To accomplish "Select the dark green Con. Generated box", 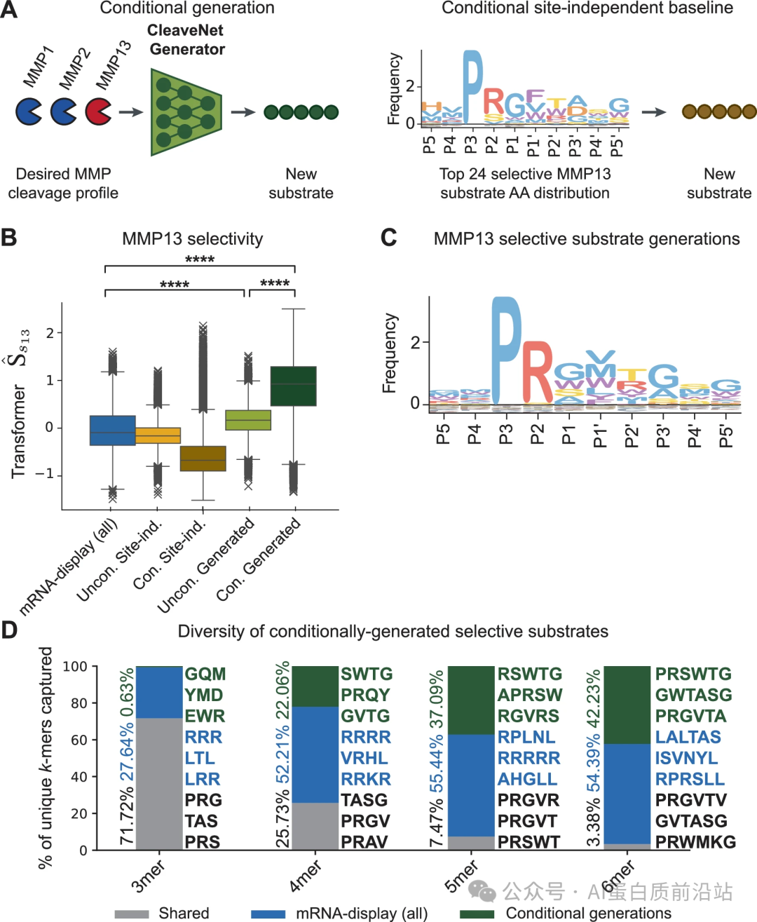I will (293, 386).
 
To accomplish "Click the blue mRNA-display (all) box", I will (113, 431).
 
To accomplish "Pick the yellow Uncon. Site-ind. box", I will (158, 435).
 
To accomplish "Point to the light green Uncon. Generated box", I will (248, 419).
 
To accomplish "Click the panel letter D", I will (9, 630).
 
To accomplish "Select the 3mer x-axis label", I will (148, 876).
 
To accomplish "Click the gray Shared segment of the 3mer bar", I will (159, 784).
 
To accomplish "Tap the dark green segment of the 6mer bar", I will (627, 705).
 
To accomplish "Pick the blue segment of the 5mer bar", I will (471, 785).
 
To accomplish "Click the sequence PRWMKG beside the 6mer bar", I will (695, 842).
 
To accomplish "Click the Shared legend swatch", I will (132, 914).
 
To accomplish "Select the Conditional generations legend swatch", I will (477, 914).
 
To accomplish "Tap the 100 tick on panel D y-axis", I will (75, 666).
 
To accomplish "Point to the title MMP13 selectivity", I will (193, 239).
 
